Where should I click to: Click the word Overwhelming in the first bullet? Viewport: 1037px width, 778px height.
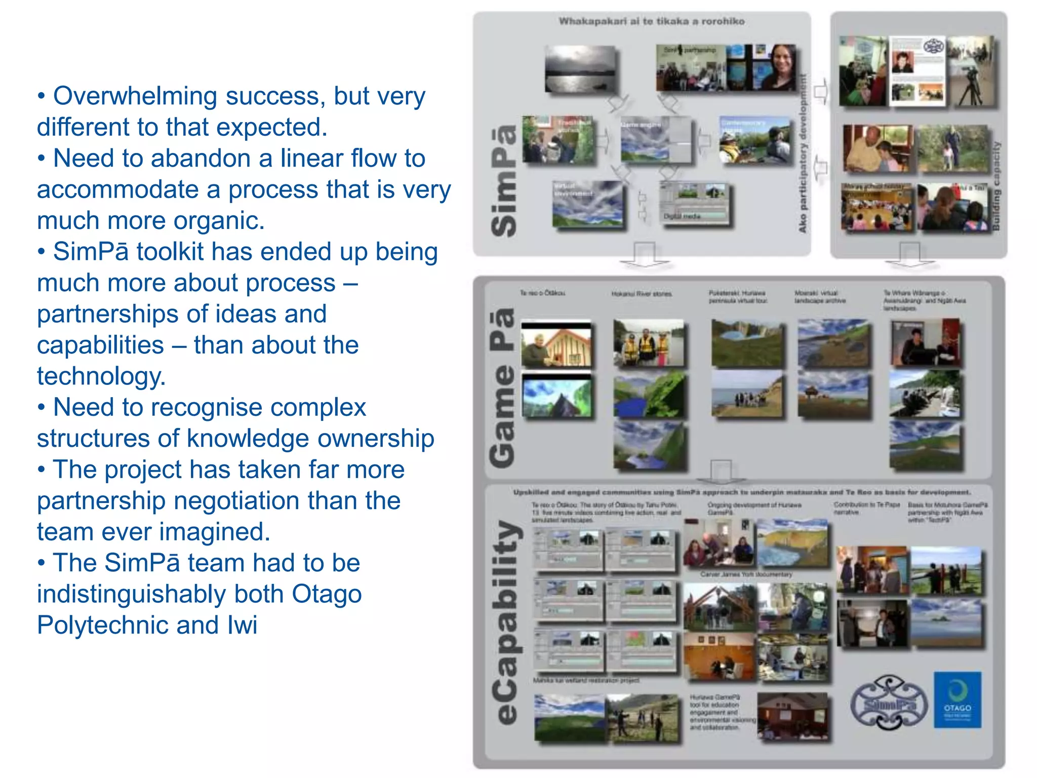tap(135, 96)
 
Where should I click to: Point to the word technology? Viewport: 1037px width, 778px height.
tap(101, 376)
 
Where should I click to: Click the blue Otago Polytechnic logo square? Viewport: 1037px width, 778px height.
tap(957, 699)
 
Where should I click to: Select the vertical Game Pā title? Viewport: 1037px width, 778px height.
tap(503, 387)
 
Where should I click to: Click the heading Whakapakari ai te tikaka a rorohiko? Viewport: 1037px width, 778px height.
tap(651, 21)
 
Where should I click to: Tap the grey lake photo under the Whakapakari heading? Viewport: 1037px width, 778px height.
tap(580, 69)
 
